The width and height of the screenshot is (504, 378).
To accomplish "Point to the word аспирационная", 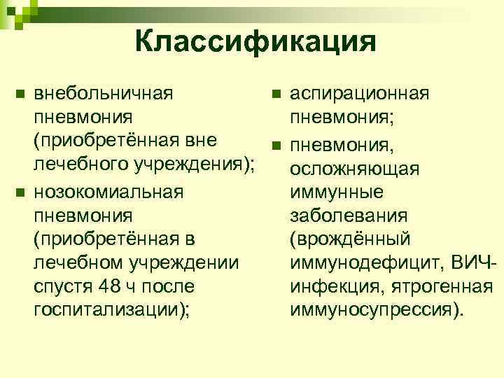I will tap(360, 92).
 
